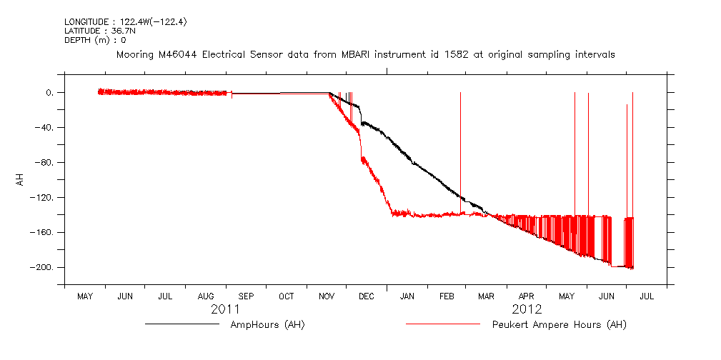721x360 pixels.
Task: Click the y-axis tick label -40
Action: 45,128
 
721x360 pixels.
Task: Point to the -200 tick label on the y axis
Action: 43,267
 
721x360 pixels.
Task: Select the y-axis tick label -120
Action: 43,197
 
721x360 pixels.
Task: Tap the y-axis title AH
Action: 21,179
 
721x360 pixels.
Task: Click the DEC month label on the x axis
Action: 367,296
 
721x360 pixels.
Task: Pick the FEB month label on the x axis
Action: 447,296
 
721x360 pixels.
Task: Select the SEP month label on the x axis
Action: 246,296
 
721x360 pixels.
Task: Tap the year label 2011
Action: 225,309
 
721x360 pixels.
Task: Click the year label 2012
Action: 527,309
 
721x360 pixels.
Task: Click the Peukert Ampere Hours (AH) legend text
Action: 560,325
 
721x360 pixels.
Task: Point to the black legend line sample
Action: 182,324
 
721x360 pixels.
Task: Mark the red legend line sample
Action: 442,324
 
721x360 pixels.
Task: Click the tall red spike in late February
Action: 460,143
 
